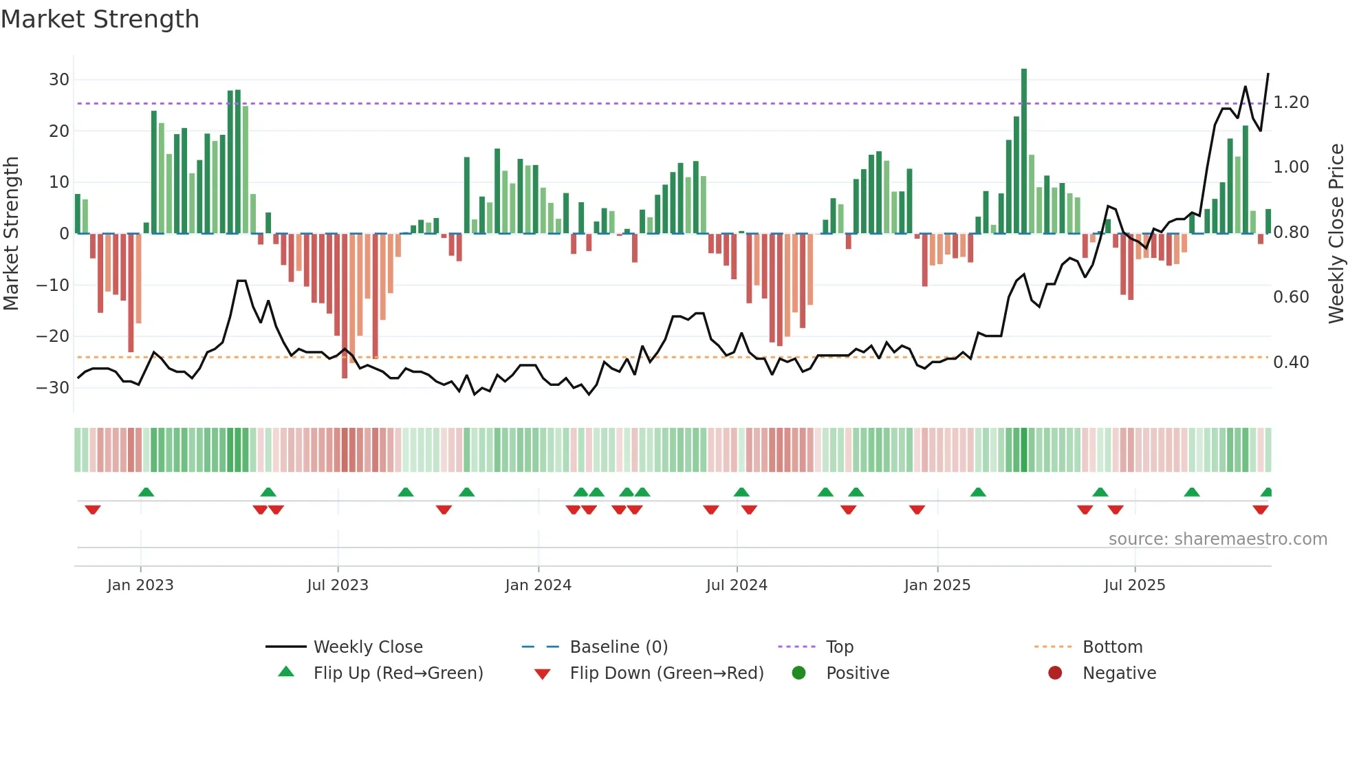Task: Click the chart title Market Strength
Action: pos(100,19)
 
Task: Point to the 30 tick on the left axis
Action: pos(59,80)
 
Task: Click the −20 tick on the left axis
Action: pos(54,336)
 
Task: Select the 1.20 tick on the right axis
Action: pos(1291,102)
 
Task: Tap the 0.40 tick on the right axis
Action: pos(1291,362)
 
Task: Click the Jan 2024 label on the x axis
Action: pos(538,585)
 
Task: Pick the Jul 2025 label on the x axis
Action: pos(1134,585)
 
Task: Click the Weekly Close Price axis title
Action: pos(1336,234)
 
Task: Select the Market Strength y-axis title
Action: pos(11,234)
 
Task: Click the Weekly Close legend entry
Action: pos(367,647)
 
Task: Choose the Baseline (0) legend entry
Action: pos(618,647)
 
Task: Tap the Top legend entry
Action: pos(839,647)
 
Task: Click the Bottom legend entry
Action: pos(1112,647)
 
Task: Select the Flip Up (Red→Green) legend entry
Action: pos(398,673)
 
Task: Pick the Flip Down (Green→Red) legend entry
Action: pos(666,673)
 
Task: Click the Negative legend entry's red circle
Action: pos(1055,673)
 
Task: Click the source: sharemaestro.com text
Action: pos(1217,539)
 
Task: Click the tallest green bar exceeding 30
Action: pos(1024,151)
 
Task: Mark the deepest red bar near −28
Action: pos(345,306)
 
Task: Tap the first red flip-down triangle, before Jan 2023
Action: pos(93,510)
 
